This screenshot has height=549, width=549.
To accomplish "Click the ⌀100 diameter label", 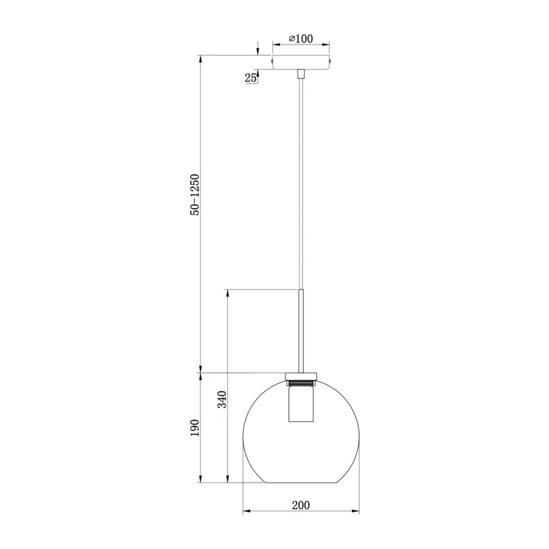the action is pos(301,38).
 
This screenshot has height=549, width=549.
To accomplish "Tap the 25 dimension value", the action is pos(250,78).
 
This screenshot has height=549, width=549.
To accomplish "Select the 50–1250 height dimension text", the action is pos(195,195).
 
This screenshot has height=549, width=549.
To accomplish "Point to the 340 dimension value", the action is pos(222,399).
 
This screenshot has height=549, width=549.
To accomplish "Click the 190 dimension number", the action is pos(195,428).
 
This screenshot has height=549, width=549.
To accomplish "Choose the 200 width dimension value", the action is pos(301,505).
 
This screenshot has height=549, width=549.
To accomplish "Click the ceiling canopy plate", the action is pos(301,62).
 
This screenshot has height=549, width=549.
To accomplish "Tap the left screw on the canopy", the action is pos(272,61).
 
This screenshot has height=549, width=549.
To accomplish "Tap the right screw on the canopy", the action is pos(331,61).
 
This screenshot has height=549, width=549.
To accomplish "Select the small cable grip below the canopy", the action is pos(301,74).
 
